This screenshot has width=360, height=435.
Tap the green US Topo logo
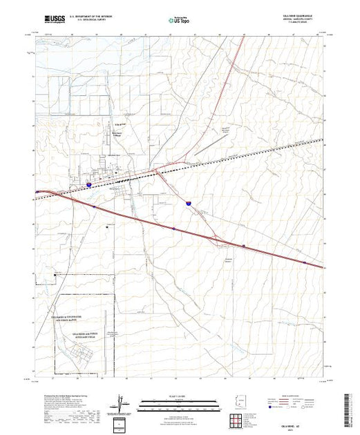[180, 21]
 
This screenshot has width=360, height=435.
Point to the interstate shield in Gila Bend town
[89, 184]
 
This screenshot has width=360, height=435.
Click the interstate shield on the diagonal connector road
[188, 202]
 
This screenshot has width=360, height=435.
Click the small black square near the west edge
[55, 275]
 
